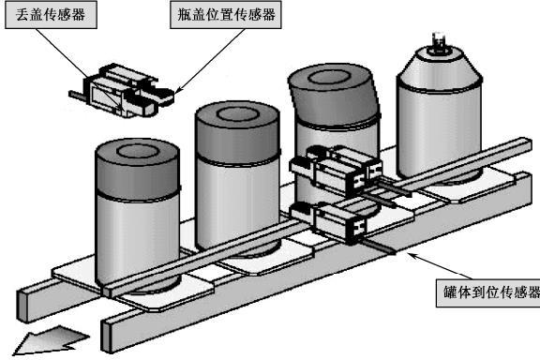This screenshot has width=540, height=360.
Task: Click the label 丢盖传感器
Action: [51, 15]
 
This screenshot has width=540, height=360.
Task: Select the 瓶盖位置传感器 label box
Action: [226, 14]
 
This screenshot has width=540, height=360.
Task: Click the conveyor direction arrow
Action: [50, 340]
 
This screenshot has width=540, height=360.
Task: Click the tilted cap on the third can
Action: [334, 94]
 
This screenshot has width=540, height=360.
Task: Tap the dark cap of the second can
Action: [237, 132]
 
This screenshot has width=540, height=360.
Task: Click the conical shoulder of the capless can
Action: [440, 68]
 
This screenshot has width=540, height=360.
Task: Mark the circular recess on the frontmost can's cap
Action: [138, 151]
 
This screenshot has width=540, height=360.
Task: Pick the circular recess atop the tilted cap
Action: [329, 78]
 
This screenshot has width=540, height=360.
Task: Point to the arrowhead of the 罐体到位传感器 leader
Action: [412, 255]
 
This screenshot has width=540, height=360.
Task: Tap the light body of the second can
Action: [237, 203]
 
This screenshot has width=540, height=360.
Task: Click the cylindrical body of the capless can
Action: [440, 132]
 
